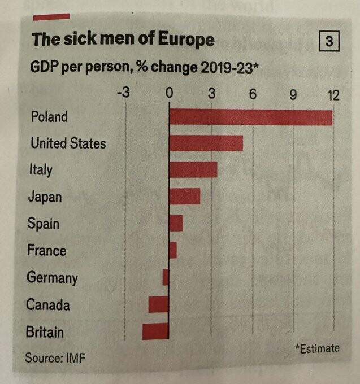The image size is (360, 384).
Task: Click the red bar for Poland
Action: point(250,116)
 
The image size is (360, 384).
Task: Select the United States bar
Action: point(206,143)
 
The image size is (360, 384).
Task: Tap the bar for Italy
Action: point(193,169)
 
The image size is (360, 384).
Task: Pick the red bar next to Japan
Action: point(184,197)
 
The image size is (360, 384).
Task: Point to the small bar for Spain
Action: point(176,223)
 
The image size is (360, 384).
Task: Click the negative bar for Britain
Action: point(155,331)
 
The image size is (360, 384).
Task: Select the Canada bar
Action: point(159,304)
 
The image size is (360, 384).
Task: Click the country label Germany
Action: point(52,278)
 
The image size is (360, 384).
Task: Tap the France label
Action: point(47,250)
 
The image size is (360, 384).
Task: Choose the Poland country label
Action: point(49,117)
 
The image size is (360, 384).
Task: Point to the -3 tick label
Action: point(123,93)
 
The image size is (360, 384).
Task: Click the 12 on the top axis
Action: point(333,94)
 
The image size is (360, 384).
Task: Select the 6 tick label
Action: point(253,93)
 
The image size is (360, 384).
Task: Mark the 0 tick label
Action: point(168,93)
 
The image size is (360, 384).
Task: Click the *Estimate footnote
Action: point(317,348)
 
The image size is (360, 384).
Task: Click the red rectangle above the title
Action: point(51,16)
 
